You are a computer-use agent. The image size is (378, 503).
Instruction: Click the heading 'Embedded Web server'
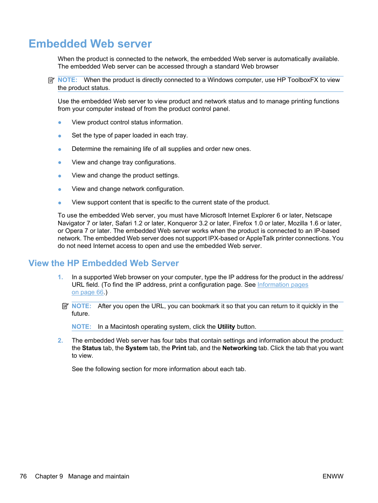90,44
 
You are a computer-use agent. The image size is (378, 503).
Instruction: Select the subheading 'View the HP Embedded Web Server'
104,263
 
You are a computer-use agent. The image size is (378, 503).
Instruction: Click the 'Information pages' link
283,285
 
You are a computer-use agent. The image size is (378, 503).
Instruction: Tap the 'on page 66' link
88,292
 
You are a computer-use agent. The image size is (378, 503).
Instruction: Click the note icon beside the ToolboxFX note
51,80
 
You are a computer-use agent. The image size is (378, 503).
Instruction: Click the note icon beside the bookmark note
65,306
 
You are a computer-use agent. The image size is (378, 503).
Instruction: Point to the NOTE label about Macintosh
81,327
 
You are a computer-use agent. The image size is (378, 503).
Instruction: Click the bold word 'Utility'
226,327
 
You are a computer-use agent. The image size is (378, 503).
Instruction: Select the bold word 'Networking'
239,348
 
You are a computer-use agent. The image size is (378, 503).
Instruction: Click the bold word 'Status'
92,348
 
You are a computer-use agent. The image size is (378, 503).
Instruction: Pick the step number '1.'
60,277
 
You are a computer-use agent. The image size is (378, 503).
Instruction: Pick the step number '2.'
60,341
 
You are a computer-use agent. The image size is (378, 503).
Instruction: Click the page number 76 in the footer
23,476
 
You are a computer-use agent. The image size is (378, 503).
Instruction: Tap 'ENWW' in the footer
333,476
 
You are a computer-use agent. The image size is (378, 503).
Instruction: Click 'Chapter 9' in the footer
49,476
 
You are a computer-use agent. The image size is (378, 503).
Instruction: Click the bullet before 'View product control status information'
60,123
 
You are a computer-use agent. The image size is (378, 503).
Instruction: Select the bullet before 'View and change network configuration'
60,189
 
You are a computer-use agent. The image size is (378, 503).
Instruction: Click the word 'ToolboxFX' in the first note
303,80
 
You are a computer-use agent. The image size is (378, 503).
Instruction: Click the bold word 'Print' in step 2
179,348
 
